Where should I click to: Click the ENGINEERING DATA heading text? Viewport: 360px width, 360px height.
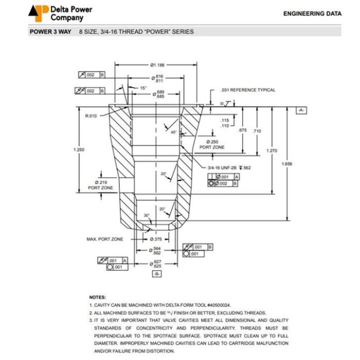(x=312, y=14)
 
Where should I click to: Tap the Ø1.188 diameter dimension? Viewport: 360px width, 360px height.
(x=157, y=65)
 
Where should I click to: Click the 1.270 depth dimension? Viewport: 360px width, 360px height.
(x=271, y=150)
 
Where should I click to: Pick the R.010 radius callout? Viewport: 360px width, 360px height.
(x=91, y=116)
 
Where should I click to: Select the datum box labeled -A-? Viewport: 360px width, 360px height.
(x=301, y=111)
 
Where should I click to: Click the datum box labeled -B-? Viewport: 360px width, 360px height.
(x=157, y=274)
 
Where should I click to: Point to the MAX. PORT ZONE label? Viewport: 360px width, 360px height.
(x=105, y=239)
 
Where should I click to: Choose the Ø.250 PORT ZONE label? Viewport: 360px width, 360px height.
(x=212, y=145)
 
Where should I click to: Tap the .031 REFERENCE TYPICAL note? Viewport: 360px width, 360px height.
(x=247, y=90)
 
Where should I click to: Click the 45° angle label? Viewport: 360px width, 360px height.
(x=174, y=132)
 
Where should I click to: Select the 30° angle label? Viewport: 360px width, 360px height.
(x=147, y=215)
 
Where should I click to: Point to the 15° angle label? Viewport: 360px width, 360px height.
(x=143, y=88)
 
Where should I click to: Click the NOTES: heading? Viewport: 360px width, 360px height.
(x=98, y=297)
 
